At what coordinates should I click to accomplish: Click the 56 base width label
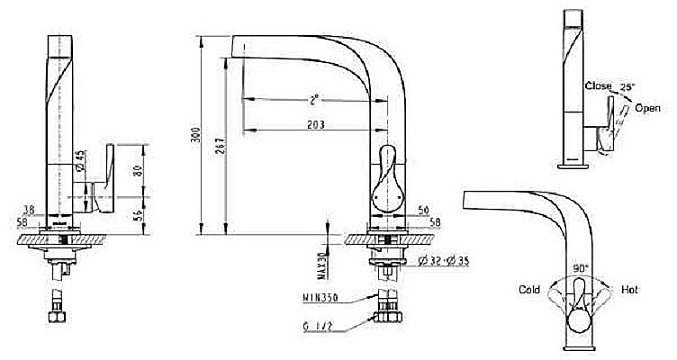[x=422, y=210]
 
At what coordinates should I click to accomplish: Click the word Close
[x=598, y=85]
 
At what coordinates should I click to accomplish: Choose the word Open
[x=647, y=108]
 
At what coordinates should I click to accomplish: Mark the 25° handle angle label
[x=627, y=87]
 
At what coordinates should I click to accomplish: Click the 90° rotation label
[x=580, y=268]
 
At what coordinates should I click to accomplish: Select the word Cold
[x=529, y=290]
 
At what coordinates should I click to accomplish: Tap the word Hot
[x=629, y=290]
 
